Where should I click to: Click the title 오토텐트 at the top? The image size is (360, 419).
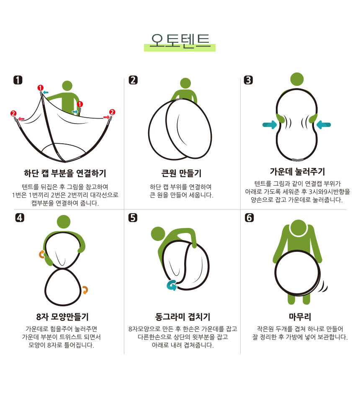(180, 41)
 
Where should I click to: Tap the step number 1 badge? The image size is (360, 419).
(18, 80)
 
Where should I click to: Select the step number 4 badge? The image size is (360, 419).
(20, 217)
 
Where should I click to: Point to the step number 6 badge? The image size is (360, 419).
(249, 217)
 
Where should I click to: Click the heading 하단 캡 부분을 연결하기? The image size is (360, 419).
(65, 173)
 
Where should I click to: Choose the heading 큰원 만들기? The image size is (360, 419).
(181, 173)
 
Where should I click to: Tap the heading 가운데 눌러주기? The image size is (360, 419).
(297, 171)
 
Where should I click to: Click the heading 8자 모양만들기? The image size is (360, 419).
(62, 317)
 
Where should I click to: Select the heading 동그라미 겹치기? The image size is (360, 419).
(183, 317)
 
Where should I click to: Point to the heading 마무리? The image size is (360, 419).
(300, 317)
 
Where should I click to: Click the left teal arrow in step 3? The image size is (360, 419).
(270, 124)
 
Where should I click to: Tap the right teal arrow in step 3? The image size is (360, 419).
(324, 124)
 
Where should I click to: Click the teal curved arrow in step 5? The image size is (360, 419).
(172, 285)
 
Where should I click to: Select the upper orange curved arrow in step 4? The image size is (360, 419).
(42, 254)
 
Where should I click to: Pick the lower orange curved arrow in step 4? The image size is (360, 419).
(85, 290)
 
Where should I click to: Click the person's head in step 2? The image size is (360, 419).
(185, 83)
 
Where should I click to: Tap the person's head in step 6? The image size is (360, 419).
(298, 228)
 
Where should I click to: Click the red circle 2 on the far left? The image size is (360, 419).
(13, 113)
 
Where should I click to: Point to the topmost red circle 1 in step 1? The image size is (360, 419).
(40, 88)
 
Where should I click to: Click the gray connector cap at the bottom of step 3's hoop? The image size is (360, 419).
(298, 160)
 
